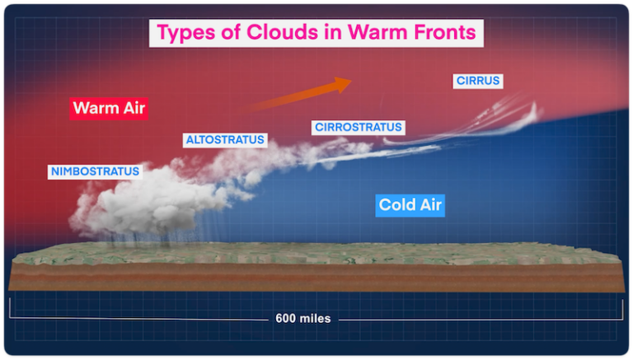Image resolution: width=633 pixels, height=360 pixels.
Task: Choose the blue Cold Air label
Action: (x=410, y=205)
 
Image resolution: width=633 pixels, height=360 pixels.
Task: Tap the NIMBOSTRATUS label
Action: (x=95, y=172)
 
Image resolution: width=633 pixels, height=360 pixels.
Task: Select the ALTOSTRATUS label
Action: (x=225, y=140)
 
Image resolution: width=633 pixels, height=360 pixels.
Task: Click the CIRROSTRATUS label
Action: (x=357, y=128)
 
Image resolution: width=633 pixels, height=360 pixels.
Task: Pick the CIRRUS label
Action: (x=477, y=81)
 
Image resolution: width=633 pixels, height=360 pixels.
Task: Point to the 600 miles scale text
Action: (x=302, y=318)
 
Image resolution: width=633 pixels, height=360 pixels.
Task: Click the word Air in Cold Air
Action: (x=429, y=205)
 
